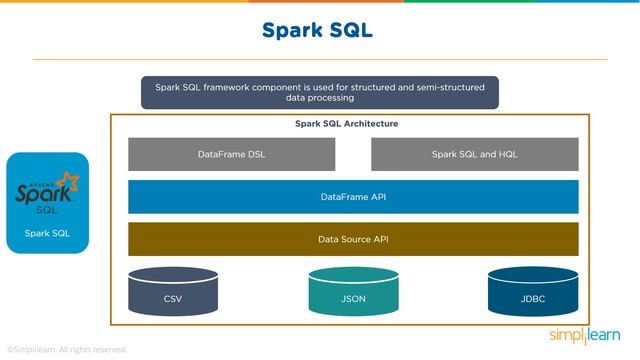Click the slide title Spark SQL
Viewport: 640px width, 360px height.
(317, 30)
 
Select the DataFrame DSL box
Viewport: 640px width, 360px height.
(231, 154)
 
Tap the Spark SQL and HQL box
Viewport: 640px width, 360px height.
(474, 154)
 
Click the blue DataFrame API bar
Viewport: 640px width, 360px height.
(353, 197)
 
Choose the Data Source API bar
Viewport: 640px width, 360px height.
(353, 239)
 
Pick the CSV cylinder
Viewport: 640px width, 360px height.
(173, 291)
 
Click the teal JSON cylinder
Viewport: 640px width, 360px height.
(353, 291)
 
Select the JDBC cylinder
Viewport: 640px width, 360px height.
(532, 291)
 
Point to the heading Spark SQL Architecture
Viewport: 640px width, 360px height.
(346, 124)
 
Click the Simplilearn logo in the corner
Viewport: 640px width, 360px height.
(585, 334)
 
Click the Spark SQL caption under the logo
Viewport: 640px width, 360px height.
(47, 234)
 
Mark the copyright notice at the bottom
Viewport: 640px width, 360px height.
(67, 350)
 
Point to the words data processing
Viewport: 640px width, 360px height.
(319, 99)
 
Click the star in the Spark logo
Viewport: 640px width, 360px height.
(68, 181)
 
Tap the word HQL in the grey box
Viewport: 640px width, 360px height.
(506, 154)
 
